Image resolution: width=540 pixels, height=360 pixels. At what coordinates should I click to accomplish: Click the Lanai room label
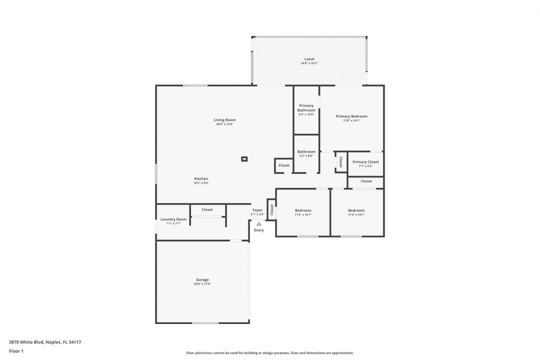click(x=309, y=59)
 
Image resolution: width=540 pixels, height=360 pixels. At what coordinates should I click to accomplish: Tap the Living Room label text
click(x=224, y=120)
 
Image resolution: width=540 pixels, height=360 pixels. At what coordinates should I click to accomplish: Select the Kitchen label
click(x=201, y=179)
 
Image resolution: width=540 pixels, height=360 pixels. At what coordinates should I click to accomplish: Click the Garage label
click(x=202, y=280)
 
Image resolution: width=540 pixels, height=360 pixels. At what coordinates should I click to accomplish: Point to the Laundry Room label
click(x=173, y=219)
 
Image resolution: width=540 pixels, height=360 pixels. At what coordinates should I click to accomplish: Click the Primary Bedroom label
click(x=351, y=116)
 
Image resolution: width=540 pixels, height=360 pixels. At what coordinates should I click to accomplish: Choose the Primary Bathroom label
click(x=306, y=108)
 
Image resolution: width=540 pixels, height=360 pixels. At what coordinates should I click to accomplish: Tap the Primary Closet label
click(x=365, y=162)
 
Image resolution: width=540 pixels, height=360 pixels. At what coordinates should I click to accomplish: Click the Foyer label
click(x=257, y=210)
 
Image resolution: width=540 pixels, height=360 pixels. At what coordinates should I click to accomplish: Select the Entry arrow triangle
click(x=258, y=224)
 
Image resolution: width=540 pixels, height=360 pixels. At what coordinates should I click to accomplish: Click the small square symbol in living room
click(x=244, y=159)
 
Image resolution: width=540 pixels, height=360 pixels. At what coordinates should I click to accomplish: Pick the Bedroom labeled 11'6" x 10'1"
click(x=303, y=210)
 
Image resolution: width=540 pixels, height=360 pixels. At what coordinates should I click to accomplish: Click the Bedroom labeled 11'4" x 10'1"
click(x=356, y=210)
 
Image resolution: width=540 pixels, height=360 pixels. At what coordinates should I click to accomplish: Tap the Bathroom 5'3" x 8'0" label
click(x=306, y=152)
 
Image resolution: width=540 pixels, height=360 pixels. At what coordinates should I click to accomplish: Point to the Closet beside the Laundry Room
click(x=207, y=209)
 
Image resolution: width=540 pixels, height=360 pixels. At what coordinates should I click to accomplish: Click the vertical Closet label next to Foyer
click(x=271, y=210)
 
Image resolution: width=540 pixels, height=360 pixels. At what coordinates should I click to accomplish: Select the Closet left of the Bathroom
click(x=283, y=165)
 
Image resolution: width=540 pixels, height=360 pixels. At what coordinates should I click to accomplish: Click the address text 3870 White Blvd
click(x=45, y=342)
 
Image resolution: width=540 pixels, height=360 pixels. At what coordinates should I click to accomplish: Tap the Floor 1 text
click(x=16, y=351)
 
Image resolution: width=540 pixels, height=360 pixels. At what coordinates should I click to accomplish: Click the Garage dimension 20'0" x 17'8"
click(x=202, y=284)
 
